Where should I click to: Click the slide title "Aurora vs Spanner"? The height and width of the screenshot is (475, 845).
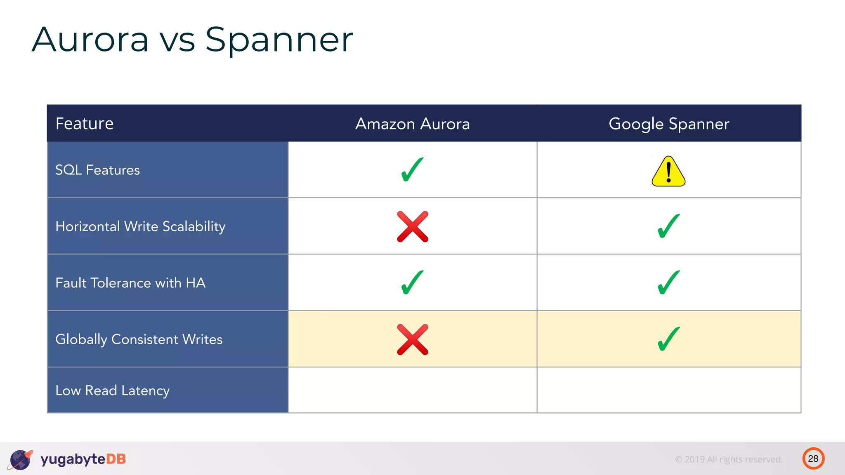click(192, 40)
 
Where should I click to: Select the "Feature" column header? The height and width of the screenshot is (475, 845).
click(84, 124)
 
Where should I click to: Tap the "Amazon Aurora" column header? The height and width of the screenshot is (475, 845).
click(412, 124)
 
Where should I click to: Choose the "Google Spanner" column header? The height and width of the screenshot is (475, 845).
click(668, 124)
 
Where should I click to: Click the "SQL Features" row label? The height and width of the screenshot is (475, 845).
click(97, 170)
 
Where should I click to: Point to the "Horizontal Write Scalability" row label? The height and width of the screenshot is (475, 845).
click(140, 226)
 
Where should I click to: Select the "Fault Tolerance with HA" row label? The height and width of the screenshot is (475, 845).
click(130, 283)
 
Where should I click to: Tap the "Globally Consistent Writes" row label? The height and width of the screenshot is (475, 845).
click(139, 339)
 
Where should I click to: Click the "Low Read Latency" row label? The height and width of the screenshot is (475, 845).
click(112, 390)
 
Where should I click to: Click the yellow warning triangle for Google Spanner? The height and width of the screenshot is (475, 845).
click(668, 172)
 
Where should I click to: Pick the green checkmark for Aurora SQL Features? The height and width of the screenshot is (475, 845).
click(412, 169)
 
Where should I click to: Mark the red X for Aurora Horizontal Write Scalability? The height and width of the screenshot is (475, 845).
click(412, 226)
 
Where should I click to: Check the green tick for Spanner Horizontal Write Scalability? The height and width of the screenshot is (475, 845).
click(668, 226)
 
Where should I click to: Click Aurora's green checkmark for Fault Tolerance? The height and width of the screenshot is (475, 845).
click(412, 282)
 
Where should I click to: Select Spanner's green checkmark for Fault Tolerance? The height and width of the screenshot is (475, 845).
click(668, 282)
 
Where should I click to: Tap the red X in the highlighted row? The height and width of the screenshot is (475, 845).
click(412, 339)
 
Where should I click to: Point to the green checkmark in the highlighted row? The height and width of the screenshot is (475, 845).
click(668, 339)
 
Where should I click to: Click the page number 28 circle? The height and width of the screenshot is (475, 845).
click(813, 459)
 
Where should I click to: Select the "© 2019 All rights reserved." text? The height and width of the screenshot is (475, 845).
click(729, 459)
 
